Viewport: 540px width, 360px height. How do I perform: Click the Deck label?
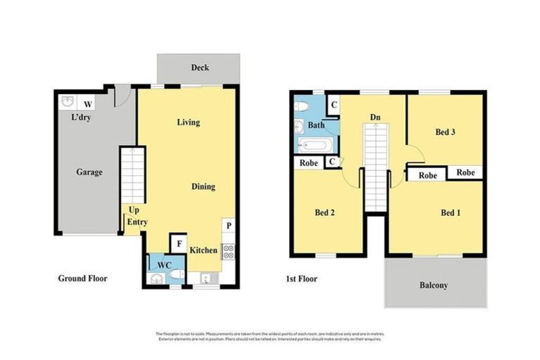[200, 68]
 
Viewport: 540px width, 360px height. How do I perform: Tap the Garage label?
[89, 172]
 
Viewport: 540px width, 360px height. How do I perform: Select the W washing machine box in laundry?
[89, 101]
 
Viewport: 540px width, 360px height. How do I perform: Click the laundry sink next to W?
[67, 101]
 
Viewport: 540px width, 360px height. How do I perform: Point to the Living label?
[188, 122]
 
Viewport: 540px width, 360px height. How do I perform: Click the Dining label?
[203, 186]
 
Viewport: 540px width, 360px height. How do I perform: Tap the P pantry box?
[229, 227]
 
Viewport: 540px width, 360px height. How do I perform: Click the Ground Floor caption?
[82, 278]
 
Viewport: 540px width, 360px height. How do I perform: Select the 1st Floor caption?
[301, 279]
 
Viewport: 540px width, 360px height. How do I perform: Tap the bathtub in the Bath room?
[311, 145]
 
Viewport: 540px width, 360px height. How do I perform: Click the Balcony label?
[434, 285]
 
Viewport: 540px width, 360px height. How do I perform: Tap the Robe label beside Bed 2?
[308, 162]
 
